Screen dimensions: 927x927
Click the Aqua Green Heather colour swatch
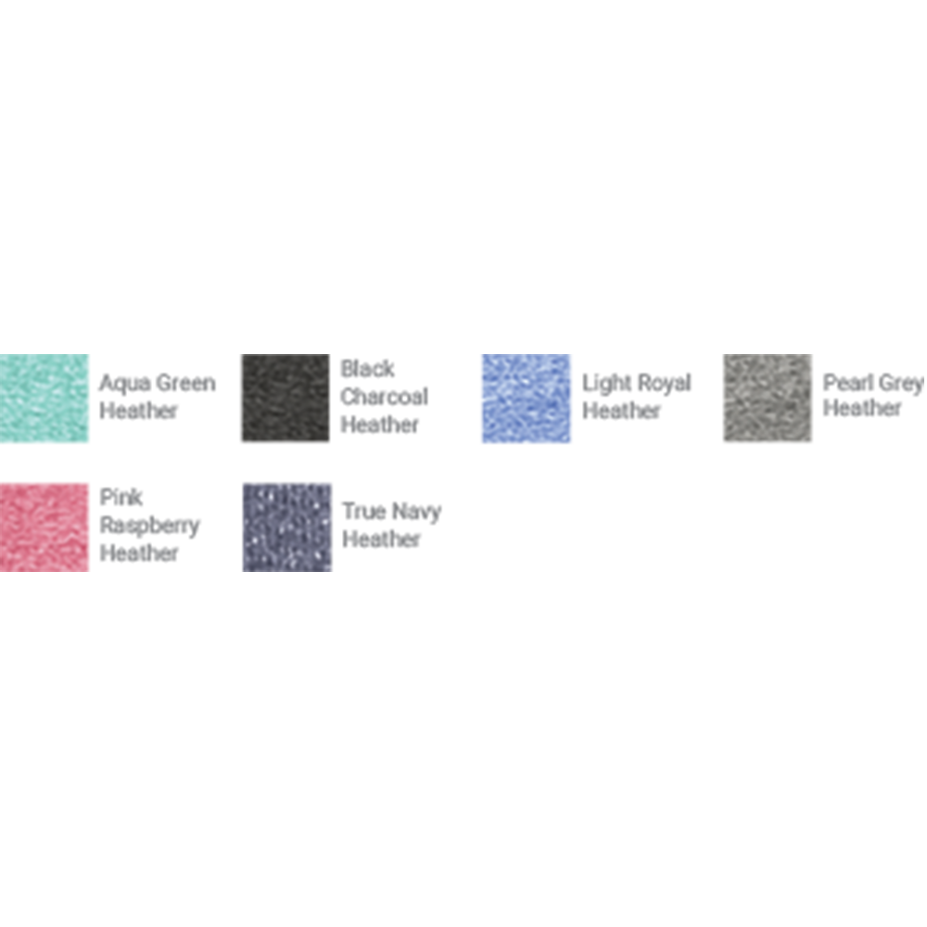44,398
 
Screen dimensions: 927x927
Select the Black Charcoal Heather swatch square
286,398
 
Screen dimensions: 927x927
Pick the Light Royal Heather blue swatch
527,398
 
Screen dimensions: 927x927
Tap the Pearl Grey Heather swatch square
768,398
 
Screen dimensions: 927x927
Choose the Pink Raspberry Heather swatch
44,527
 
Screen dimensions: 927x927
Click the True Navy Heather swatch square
287,527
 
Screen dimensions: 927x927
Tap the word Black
368,369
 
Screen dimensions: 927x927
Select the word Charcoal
385,397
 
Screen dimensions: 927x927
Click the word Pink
121,497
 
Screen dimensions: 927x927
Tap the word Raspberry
150,527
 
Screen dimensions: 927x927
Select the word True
364,512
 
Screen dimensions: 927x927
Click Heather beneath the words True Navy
381,540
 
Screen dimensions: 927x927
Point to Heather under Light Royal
621,411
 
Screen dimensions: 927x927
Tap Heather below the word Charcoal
379,425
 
